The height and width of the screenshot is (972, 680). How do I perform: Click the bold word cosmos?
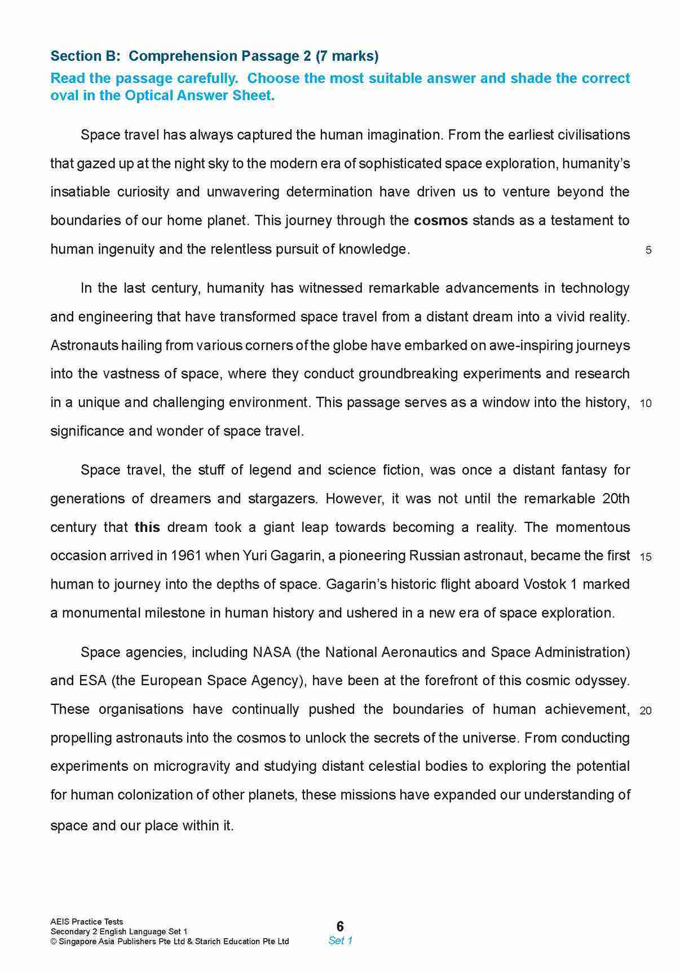[440, 220]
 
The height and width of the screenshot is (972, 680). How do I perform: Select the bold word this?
[147, 527]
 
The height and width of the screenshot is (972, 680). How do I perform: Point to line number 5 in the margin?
[648, 250]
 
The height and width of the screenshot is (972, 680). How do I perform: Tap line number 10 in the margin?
[646, 403]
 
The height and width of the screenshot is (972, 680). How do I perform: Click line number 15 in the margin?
[646, 557]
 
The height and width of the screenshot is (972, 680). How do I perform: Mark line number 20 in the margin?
[646, 711]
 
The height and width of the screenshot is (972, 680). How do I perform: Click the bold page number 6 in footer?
[340, 926]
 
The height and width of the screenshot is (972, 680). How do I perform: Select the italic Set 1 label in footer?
[340, 940]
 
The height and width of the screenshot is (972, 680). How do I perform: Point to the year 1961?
[186, 556]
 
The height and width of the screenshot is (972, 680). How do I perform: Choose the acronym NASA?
[272, 653]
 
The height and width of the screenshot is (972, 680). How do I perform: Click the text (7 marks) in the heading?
[347, 56]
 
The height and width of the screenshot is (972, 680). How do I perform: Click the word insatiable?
[80, 192]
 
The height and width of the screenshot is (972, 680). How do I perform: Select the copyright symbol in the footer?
[54, 942]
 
